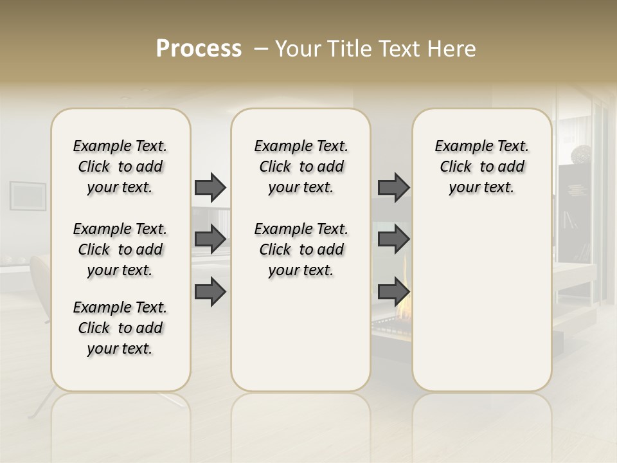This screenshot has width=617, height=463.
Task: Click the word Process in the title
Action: [199, 49]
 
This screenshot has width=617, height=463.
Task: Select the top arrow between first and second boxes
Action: [210, 187]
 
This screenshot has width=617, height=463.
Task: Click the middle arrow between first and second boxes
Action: [210, 239]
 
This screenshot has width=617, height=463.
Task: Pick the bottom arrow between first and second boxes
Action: [210, 292]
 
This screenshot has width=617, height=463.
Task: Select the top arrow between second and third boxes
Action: [393, 187]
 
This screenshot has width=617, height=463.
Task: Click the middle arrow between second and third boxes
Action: [393, 239]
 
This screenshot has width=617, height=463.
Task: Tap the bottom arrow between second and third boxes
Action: [393, 292]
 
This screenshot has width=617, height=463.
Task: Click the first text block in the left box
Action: [120, 167]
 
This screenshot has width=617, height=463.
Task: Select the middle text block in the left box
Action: [120, 250]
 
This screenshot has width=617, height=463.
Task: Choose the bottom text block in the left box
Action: [120, 328]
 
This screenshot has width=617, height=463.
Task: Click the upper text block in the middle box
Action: [301, 167]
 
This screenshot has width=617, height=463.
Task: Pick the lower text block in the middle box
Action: [301, 250]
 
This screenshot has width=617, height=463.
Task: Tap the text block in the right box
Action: [481, 167]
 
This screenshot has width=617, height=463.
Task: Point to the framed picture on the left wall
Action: [28, 195]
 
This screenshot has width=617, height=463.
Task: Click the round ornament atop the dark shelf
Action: [584, 154]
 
